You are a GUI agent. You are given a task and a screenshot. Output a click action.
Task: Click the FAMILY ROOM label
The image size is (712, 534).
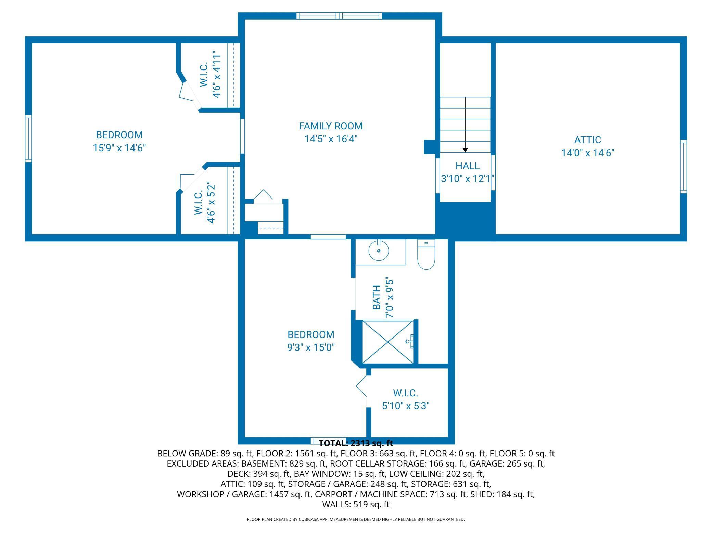coord(331,126)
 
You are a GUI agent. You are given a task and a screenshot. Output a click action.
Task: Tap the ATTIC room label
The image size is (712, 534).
coord(588,140)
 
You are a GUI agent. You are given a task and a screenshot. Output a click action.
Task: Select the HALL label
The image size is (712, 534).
coord(467,166)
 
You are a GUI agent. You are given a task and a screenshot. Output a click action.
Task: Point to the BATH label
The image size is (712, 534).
coord(377,297)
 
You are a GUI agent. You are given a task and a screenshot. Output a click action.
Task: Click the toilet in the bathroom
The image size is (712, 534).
coord(426,254)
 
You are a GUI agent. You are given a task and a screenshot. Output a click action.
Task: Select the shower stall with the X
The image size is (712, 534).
coord(388,341)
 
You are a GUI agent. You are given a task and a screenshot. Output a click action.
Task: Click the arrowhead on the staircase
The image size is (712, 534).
coord(465,150)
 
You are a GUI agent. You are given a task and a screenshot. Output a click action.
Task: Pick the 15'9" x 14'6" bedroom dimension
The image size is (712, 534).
coord(119,148)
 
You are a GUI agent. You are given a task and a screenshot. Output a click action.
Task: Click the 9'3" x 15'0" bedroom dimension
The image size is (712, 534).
coord(311,347)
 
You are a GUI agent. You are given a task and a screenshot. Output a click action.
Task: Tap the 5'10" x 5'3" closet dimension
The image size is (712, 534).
coord(406,406)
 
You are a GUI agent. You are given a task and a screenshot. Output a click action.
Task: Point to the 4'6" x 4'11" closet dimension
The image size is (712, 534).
coord(216,74)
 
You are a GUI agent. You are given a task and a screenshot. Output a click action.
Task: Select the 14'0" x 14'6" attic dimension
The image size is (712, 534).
coord(588,153)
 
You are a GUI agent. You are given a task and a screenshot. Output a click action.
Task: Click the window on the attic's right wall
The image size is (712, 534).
coord(683,166)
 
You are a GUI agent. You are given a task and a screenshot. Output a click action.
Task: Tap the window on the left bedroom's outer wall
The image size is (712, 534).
coord(28,139)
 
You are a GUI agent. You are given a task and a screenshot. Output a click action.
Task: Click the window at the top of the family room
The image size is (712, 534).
coord(339,16)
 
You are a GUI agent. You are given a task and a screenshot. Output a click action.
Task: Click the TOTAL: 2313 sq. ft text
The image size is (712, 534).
coord(356,443)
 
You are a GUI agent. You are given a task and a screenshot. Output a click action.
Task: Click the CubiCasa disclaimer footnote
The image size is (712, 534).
coord(356,519)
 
